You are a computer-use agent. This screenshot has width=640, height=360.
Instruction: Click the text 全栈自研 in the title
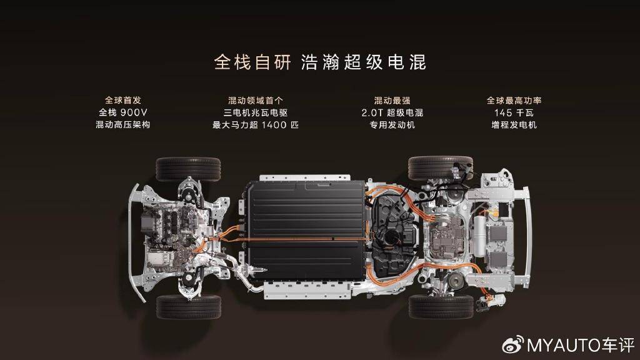[252, 62]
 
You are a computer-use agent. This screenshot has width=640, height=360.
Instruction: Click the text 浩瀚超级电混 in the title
[364, 62]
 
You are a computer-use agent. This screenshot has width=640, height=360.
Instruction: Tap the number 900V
[134, 112]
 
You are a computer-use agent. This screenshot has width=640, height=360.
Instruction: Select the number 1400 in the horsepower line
[274, 125]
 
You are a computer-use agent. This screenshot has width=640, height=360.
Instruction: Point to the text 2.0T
[372, 112]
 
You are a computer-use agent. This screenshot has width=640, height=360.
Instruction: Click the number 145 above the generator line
[503, 112]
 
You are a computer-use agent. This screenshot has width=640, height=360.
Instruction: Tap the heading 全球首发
[123, 100]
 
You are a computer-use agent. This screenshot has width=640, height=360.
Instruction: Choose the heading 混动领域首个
[256, 100]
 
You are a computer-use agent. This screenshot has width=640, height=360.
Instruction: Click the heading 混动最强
[392, 100]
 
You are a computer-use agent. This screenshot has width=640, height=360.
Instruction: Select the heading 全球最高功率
[514, 100]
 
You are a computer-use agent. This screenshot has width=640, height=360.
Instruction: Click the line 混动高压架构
[123, 125]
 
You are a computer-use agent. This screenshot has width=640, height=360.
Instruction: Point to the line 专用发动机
[392, 125]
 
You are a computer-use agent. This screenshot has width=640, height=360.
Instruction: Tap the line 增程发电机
[514, 125]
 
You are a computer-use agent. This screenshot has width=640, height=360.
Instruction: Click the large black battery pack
[306, 231]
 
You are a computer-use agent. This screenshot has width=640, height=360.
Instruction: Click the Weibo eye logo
[513, 345]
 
